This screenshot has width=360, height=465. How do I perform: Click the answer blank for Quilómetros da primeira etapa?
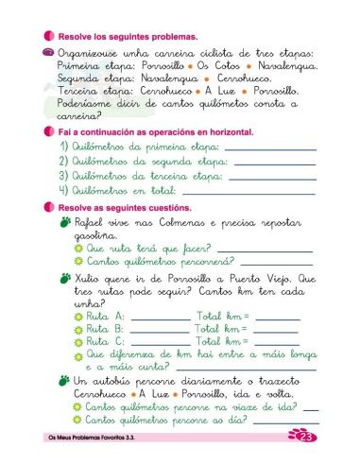[269, 149]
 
